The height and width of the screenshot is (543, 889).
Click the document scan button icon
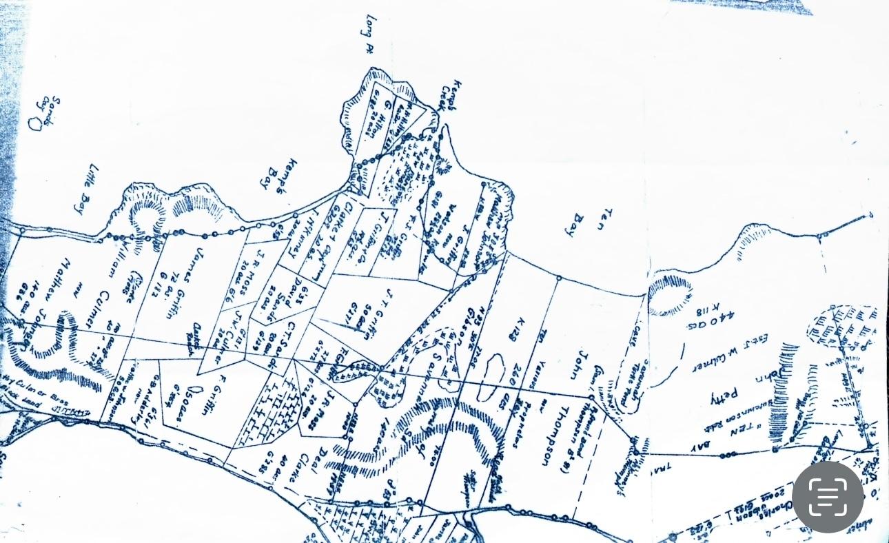[828, 496]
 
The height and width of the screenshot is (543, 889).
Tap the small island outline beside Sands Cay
[35, 124]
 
